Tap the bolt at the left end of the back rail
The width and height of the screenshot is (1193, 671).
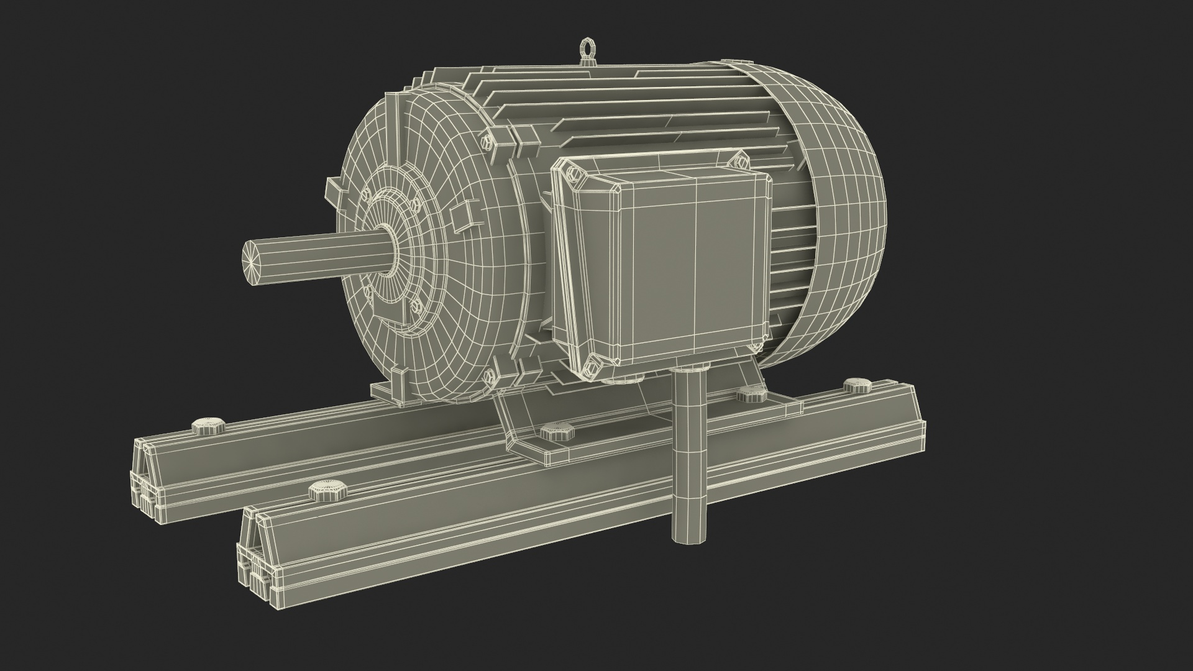(x=206, y=426)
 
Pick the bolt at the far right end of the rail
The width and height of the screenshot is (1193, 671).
(x=857, y=385)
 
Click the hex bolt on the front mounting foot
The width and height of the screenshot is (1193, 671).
(x=552, y=432)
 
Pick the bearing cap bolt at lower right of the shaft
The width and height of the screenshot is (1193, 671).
(x=415, y=307)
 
